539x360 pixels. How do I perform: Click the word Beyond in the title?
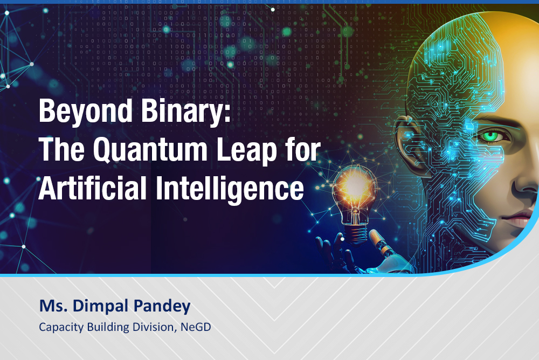pos(86,112)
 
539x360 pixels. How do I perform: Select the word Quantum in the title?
pos(150,150)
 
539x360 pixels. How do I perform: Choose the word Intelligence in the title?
pos(230,189)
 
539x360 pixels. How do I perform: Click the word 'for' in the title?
pos(302,150)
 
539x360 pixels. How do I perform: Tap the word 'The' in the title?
pos(61,150)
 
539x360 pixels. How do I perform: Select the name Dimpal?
pos(100,306)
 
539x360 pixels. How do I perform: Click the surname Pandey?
pos(162,306)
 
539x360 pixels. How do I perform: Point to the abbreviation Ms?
pos(53,306)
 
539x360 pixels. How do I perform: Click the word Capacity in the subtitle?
pos(61,327)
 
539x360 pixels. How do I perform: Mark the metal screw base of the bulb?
pos(355,233)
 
